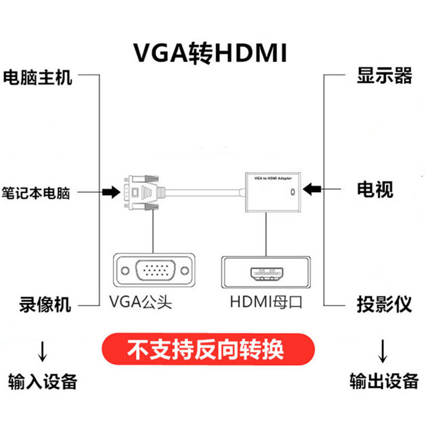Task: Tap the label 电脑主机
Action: point(37,78)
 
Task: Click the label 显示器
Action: point(384,76)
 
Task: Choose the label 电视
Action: point(375,189)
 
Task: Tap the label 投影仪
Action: point(384,304)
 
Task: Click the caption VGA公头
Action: point(141,302)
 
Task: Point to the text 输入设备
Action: point(43,381)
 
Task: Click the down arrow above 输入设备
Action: point(42,351)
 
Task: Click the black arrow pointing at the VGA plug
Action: point(112,192)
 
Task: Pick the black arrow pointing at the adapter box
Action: point(313,189)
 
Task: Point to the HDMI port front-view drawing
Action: point(266,273)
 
